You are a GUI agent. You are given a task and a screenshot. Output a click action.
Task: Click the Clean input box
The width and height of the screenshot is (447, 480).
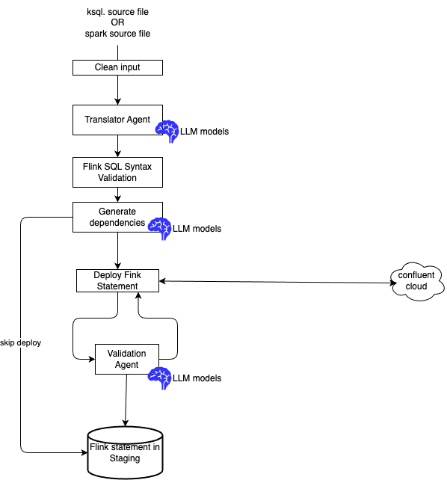tap(117, 67)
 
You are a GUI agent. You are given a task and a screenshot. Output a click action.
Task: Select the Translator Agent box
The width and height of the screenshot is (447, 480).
tap(117, 120)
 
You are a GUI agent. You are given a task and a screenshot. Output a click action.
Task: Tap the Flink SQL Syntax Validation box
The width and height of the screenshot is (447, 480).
tap(117, 172)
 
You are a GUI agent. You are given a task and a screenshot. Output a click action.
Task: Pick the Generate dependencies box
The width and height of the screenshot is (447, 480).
tap(117, 217)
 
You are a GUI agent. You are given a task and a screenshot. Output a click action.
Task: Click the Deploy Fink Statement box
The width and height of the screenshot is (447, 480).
tap(117, 280)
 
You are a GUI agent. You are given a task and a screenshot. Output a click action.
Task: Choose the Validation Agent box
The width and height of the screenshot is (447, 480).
tap(126, 359)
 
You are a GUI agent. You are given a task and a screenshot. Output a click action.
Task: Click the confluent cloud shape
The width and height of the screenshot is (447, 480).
tap(416, 281)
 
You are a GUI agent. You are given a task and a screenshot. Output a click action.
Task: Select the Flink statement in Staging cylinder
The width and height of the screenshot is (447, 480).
tap(125, 452)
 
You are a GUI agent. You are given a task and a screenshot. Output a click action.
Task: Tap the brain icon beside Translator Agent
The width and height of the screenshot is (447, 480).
tap(167, 131)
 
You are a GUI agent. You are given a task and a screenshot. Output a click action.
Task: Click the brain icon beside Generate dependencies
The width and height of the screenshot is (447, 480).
tap(160, 228)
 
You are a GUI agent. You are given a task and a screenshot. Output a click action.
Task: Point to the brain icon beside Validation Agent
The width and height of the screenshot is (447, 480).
tap(160, 378)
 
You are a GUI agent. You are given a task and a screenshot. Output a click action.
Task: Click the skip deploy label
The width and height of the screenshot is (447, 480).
tap(20, 342)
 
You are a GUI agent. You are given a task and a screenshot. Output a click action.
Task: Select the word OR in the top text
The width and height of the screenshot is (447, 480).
tap(117, 22)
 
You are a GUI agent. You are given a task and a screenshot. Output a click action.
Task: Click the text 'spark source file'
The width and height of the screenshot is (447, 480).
tap(117, 34)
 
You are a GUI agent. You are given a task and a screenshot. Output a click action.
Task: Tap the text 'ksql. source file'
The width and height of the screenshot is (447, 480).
tap(117, 12)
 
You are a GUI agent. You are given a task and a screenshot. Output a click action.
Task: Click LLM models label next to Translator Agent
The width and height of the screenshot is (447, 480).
tap(204, 132)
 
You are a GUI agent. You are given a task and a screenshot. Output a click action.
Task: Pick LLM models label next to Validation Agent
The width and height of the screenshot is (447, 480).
tap(197, 378)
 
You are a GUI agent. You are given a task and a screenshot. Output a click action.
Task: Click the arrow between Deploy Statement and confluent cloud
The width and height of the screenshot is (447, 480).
tap(278, 282)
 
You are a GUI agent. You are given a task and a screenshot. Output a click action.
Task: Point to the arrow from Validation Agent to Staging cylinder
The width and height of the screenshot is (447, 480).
tap(126, 400)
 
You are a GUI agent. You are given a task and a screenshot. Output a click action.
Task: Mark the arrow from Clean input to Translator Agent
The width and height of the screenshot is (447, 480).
tap(117, 90)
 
